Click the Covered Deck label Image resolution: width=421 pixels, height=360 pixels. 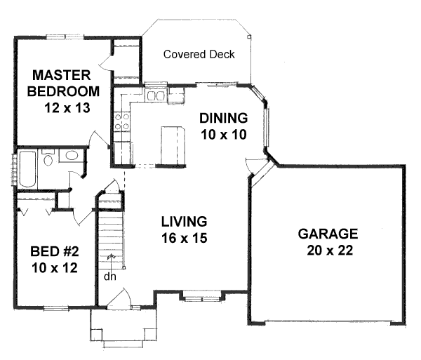point(199,55)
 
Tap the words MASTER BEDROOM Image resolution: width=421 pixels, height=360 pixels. point(63,84)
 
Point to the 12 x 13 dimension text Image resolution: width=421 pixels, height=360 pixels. point(67,108)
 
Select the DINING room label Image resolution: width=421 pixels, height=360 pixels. point(223,118)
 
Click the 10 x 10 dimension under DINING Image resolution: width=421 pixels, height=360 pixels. point(224,135)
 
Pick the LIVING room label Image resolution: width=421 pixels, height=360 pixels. point(184,222)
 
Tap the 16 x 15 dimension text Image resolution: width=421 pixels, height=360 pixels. point(184,238)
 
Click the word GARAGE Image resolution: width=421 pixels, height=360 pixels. point(328,234)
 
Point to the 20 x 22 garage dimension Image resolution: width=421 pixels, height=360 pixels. point(330,251)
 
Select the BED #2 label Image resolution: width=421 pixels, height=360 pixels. point(55,251)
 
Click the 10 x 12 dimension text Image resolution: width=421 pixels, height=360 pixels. point(55,268)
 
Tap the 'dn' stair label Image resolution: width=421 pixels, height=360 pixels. point(110,276)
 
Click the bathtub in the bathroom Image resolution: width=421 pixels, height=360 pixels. point(27,169)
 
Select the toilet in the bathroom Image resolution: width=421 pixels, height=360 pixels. point(48,158)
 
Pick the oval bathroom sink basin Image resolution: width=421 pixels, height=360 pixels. point(72,156)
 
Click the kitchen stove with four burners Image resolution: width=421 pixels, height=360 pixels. point(122,121)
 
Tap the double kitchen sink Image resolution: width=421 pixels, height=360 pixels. point(155,95)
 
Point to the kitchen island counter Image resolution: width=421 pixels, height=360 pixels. point(173,145)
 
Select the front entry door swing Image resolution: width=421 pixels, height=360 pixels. point(120,296)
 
